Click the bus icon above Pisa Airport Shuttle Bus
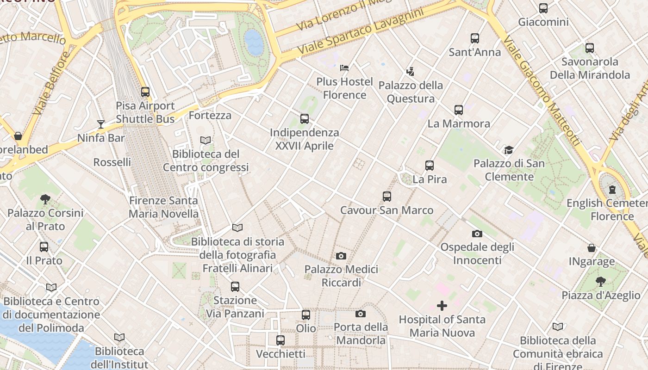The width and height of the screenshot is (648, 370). pyautogui.click(x=145, y=92)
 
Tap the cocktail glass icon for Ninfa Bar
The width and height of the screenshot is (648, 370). pyautogui.click(x=101, y=124)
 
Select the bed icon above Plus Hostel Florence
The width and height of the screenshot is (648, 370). pyautogui.click(x=344, y=68)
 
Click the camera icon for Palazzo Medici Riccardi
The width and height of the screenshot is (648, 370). pyautogui.click(x=341, y=256)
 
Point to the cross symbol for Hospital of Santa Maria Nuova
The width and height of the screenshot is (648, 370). pyautogui.click(x=442, y=306)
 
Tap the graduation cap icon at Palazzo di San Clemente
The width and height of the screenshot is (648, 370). pyautogui.click(x=509, y=150)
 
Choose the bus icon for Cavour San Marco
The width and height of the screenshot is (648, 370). pyautogui.click(x=387, y=197)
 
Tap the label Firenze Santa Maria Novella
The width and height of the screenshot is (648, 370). pyautogui.click(x=163, y=207)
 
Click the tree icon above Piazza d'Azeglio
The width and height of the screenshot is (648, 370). pyautogui.click(x=601, y=281)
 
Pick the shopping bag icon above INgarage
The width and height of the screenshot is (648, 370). pyautogui.click(x=592, y=248)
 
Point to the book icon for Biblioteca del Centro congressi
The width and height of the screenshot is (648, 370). pyautogui.click(x=206, y=140)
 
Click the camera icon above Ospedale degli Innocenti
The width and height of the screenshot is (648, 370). pyautogui.click(x=477, y=234)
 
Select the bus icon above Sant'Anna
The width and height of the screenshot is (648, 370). pyautogui.click(x=475, y=38)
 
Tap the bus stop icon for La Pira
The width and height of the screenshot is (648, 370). pyautogui.click(x=430, y=166)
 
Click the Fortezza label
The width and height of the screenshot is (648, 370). pyautogui.click(x=210, y=115)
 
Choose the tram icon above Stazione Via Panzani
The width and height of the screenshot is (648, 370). pyautogui.click(x=235, y=287)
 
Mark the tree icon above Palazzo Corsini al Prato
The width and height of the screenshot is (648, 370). pyautogui.click(x=45, y=199)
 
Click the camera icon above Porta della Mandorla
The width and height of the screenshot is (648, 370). pyautogui.click(x=361, y=314)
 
